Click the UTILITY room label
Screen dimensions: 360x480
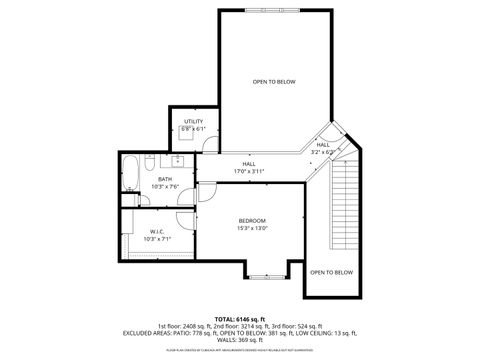tap(193, 121)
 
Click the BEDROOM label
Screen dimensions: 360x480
tap(252, 220)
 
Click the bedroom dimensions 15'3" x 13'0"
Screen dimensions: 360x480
tap(252, 228)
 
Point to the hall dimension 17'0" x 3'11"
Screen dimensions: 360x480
tap(248, 171)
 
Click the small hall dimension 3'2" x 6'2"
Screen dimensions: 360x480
tap(323, 152)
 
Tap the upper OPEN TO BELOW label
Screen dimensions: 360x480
tap(273, 81)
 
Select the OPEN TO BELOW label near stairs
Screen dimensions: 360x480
tap(331, 272)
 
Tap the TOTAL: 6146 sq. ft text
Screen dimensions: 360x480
tap(239, 318)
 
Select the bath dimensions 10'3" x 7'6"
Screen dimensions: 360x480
tap(164, 186)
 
